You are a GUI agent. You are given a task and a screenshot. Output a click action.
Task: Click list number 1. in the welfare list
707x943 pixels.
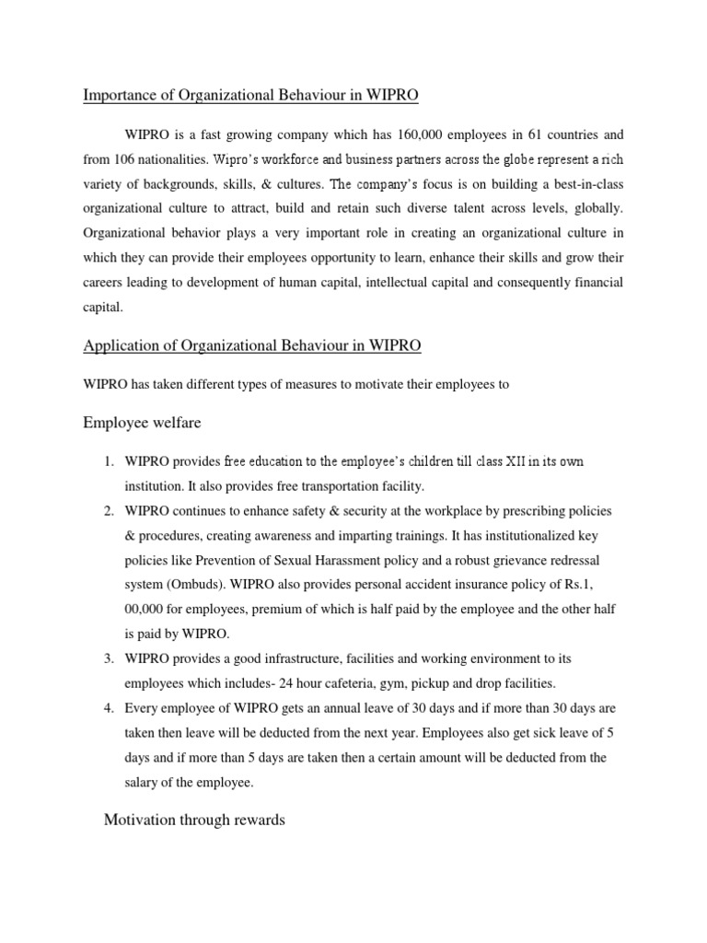coord(108,461)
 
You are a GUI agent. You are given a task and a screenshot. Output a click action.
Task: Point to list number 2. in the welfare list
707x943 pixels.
coord(108,510)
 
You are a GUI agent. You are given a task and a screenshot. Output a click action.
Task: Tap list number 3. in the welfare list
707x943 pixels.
coord(108,659)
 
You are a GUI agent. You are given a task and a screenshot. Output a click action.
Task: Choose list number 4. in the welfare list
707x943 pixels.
coord(108,708)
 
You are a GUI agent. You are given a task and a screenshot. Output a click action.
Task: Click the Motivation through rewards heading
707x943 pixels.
coord(194,820)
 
